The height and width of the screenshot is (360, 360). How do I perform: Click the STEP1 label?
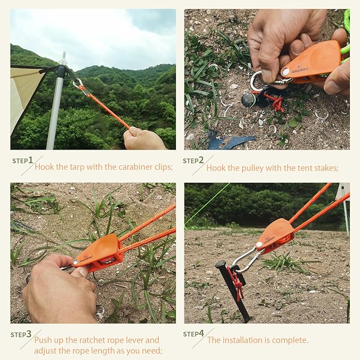[23, 160]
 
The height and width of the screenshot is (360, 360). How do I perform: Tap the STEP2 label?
[194, 161]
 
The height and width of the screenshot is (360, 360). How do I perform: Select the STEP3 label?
[21, 335]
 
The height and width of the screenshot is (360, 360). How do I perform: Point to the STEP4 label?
[194, 334]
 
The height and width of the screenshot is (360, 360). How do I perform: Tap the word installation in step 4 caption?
[244, 340]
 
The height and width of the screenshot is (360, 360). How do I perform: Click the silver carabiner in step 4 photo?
[245, 260]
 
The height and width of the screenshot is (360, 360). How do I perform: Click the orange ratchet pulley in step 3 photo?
[98, 252]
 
